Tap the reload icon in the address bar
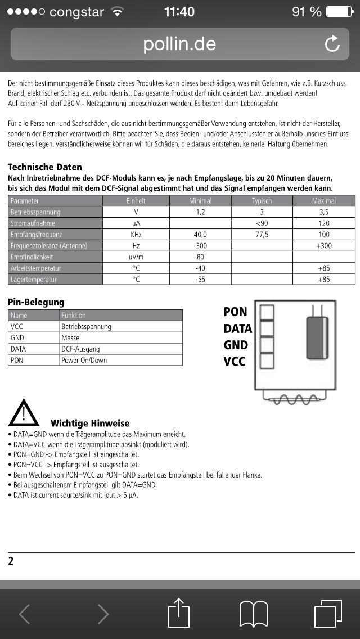(x=332, y=44)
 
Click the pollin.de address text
(x=179, y=44)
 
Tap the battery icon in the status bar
(x=340, y=11)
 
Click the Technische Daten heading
(x=45, y=167)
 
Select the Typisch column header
(x=262, y=201)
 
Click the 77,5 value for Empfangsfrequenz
(x=262, y=235)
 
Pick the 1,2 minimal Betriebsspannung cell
(x=200, y=212)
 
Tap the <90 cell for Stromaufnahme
(x=262, y=223)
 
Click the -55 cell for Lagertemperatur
(x=200, y=280)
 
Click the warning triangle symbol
(x=24, y=413)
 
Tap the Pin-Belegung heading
(x=36, y=302)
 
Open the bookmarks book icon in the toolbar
(x=254, y=613)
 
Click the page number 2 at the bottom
(x=11, y=561)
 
